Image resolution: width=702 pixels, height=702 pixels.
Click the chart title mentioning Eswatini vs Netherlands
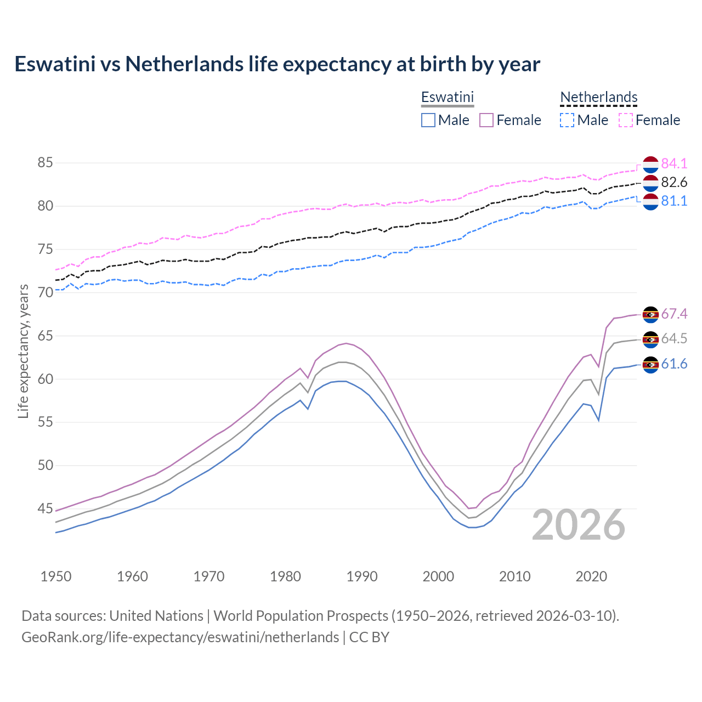pyautogui.click(x=277, y=64)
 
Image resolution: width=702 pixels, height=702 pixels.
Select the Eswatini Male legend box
pyautogui.click(x=428, y=120)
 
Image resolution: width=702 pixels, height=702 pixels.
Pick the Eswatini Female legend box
pyautogui.click(x=486, y=120)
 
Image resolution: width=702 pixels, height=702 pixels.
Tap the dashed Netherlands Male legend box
pyautogui.click(x=567, y=120)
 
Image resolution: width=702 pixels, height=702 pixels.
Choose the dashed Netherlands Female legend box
pyautogui.click(x=626, y=120)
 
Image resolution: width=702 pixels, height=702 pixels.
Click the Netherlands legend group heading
pyautogui.click(x=598, y=98)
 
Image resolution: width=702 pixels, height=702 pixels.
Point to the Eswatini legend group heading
pyautogui.click(x=447, y=98)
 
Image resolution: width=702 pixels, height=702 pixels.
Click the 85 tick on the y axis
pyautogui.click(x=45, y=163)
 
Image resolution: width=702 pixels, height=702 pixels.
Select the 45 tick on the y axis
pyautogui.click(x=45, y=509)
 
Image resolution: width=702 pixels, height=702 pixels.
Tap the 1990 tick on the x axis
pyautogui.click(x=362, y=576)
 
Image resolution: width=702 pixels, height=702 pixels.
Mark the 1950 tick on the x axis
pyautogui.click(x=56, y=576)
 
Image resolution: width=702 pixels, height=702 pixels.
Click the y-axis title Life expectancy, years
pyautogui.click(x=23, y=351)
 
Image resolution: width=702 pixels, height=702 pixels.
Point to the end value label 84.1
pyautogui.click(x=674, y=163)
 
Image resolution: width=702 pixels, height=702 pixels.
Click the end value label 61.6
pyautogui.click(x=674, y=364)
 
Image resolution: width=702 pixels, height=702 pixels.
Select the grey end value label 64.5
pyautogui.click(x=674, y=339)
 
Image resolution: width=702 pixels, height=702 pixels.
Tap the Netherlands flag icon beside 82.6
pyautogui.click(x=650, y=183)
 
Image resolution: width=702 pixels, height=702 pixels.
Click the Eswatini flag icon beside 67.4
pyautogui.click(x=650, y=314)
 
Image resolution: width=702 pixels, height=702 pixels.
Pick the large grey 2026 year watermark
pyautogui.click(x=579, y=525)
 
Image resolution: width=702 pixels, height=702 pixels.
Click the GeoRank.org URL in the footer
pyautogui.click(x=180, y=637)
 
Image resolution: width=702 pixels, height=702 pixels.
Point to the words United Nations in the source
pyautogui.click(x=156, y=616)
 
